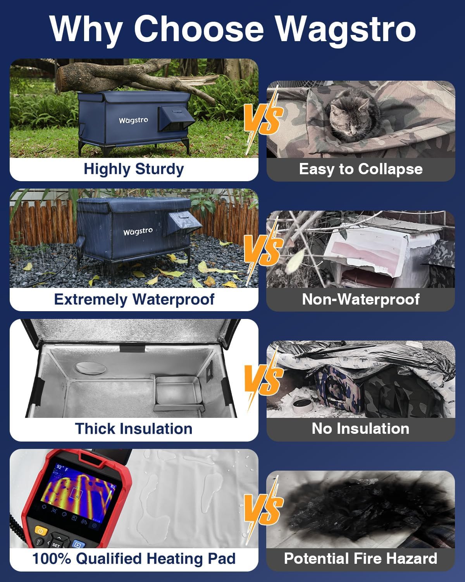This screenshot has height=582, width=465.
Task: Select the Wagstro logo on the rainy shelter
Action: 138,231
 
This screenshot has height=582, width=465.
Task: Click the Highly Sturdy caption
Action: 134,169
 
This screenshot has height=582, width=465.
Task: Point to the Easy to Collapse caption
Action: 360,169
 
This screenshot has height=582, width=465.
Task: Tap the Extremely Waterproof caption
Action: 134,299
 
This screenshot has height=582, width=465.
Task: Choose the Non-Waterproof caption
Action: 360,299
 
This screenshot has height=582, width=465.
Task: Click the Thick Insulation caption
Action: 134,429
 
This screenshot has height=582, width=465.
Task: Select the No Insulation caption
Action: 360,429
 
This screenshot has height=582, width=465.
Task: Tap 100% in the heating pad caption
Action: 51,559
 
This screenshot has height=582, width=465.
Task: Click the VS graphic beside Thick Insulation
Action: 262,378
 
